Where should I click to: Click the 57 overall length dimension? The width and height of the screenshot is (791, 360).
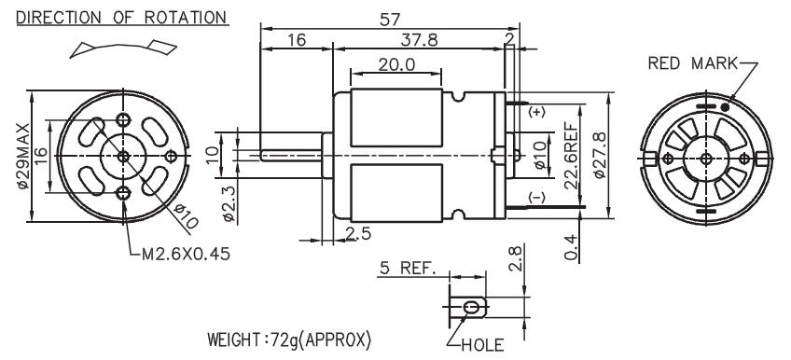[390, 20]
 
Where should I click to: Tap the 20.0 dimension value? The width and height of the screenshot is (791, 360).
[396, 64]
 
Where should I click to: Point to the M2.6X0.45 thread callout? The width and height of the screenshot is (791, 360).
[186, 254]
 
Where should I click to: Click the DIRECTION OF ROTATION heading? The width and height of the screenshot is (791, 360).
[121, 17]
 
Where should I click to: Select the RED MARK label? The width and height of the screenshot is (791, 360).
[692, 63]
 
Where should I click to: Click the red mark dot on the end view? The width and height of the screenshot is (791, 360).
[725, 107]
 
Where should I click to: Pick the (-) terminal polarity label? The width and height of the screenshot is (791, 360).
[536, 198]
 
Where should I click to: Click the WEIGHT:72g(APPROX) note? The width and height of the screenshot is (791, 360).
[289, 339]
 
